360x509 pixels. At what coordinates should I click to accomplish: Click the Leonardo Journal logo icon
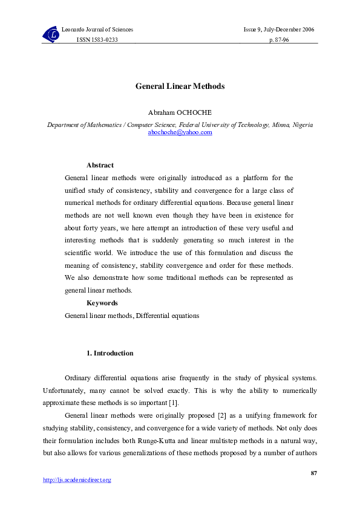coord(51,35)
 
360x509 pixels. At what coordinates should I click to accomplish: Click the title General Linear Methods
coord(180,86)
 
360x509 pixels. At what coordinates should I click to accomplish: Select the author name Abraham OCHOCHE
coord(180,113)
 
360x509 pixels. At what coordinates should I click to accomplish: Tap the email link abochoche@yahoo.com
coord(180,132)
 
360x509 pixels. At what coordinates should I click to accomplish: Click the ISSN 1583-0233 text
coord(97,39)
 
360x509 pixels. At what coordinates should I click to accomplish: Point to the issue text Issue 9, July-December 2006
coord(278,30)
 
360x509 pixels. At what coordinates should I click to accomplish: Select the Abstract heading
coord(100,165)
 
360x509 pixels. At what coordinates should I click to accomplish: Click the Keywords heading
coord(102,303)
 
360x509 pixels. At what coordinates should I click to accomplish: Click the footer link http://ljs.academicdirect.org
coord(77,480)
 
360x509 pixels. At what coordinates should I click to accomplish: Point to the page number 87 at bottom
coord(313,472)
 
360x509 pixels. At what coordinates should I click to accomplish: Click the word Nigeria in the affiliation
coord(303,125)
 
